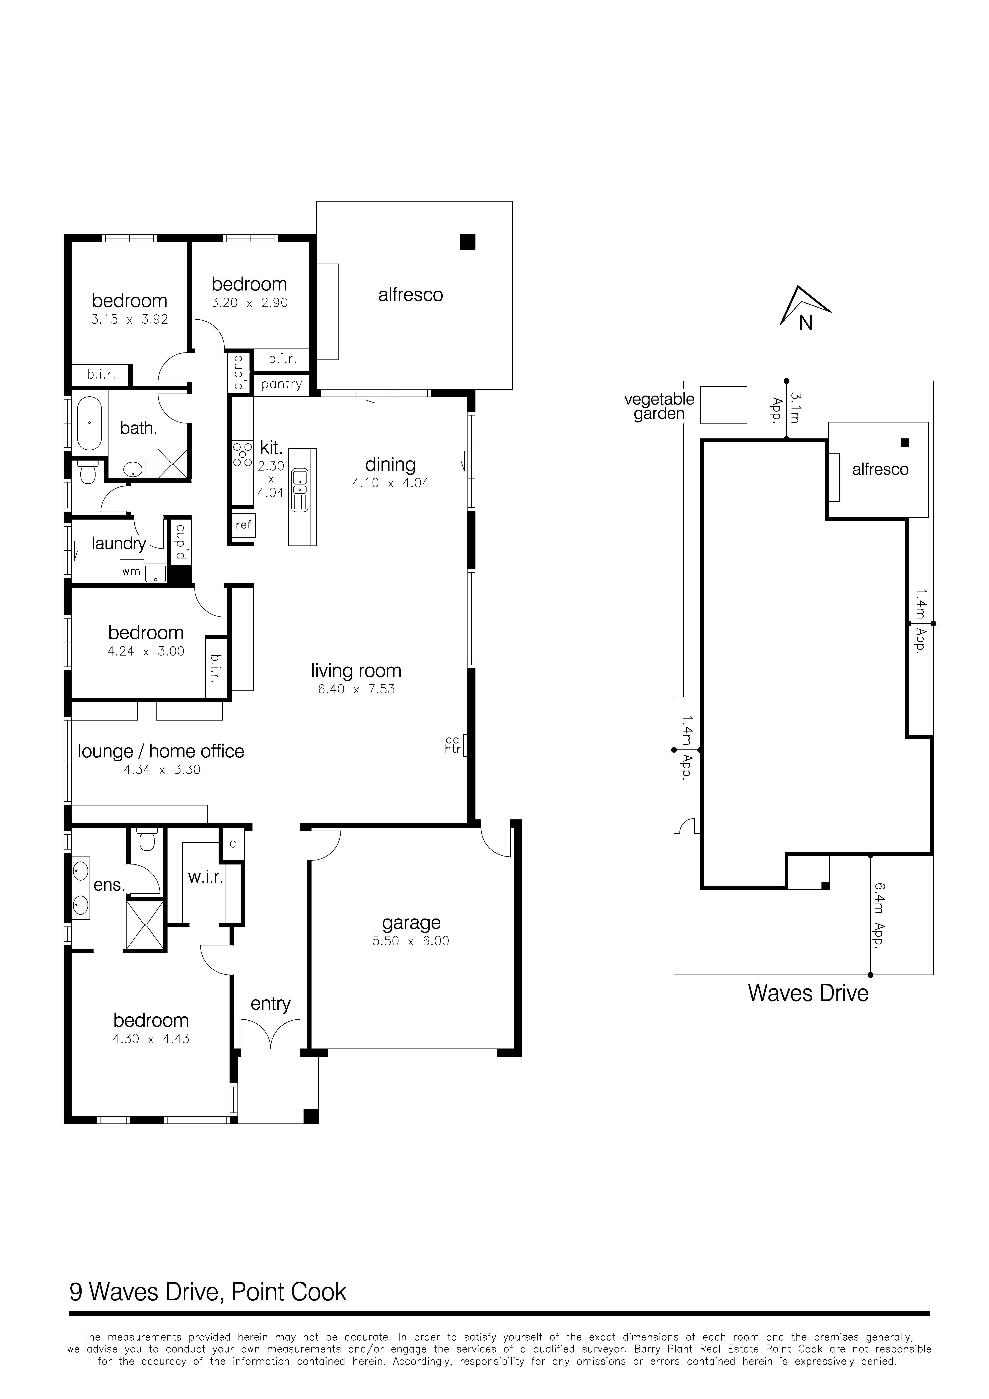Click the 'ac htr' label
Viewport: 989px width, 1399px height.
[453, 745]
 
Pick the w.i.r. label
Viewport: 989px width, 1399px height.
[205, 877]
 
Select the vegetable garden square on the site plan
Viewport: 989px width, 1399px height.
[723, 405]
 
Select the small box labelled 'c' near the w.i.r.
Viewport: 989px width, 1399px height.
[232, 845]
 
